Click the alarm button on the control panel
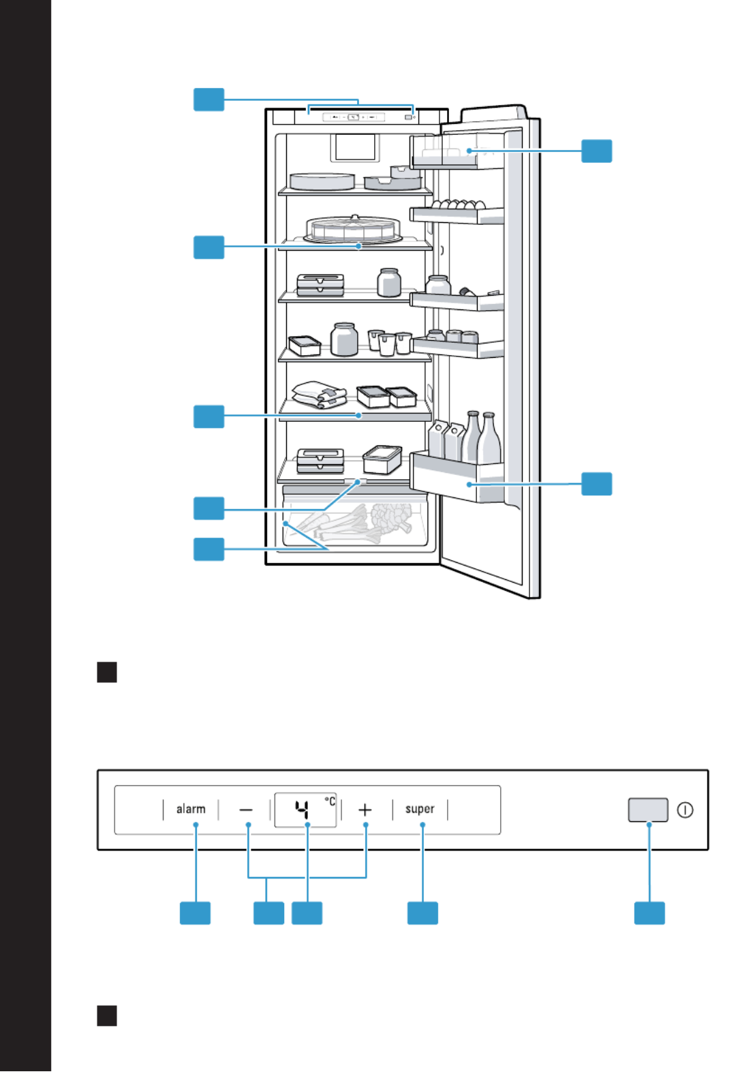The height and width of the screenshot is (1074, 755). tap(191, 810)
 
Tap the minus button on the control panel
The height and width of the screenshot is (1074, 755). tap(246, 810)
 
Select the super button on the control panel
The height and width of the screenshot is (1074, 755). tap(420, 810)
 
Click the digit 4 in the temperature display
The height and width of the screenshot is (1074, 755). tap(302, 810)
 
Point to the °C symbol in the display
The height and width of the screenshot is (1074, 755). tap(330, 801)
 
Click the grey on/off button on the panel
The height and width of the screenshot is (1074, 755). tap(648, 810)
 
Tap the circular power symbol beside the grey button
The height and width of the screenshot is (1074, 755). tap(685, 810)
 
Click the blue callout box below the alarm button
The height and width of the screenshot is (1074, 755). tap(195, 913)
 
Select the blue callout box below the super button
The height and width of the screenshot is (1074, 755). tap(422, 913)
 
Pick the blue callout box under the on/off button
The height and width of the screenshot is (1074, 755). tap(649, 913)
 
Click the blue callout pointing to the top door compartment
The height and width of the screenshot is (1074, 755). tap(597, 151)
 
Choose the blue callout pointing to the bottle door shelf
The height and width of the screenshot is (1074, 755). tap(597, 484)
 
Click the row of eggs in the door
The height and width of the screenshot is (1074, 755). tap(459, 204)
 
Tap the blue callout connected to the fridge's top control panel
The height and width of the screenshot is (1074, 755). tap(209, 99)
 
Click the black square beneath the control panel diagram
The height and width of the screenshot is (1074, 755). tap(107, 1015)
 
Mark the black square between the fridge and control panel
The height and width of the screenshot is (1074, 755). tap(107, 672)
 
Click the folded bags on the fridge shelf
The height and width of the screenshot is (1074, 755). tap(320, 395)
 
